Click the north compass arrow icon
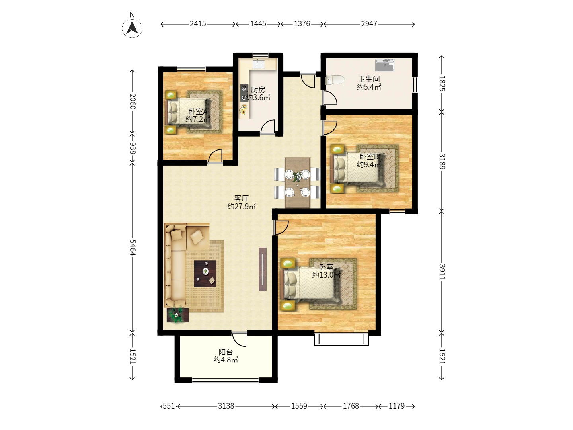pos(132,28)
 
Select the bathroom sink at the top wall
pos(384,65)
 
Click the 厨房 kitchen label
pos(258,90)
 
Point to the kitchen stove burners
pos(244,93)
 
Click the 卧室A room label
pos(198,112)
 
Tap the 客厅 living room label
pos(241,198)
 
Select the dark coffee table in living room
pos(205,274)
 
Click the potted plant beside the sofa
pos(177,315)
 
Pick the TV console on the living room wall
pos(263,269)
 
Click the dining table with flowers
pos(297,182)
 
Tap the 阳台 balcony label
pos(226,352)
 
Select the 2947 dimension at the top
pos(369,24)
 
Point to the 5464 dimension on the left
pos(133,247)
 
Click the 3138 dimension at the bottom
pos(226,406)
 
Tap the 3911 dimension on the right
pos(442,272)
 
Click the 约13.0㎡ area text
pos(326,275)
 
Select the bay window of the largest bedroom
pos(341,340)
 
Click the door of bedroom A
pos(215,156)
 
